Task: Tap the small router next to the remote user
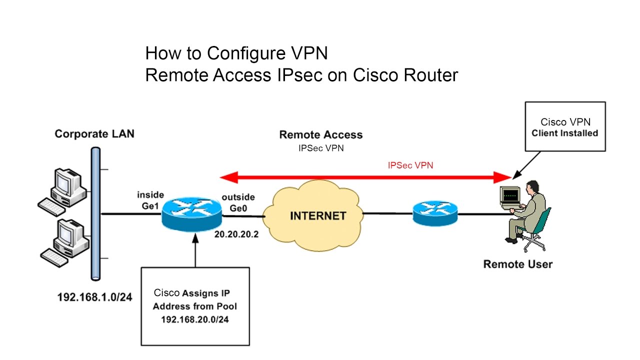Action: tap(435, 213)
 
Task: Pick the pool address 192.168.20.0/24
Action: tap(195, 318)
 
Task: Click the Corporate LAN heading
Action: tap(94, 134)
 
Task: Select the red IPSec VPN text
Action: tap(410, 165)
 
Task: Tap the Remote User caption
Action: tap(517, 264)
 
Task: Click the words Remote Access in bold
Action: tap(320, 134)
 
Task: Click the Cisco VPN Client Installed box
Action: tap(564, 126)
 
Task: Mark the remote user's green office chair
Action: tap(537, 227)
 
